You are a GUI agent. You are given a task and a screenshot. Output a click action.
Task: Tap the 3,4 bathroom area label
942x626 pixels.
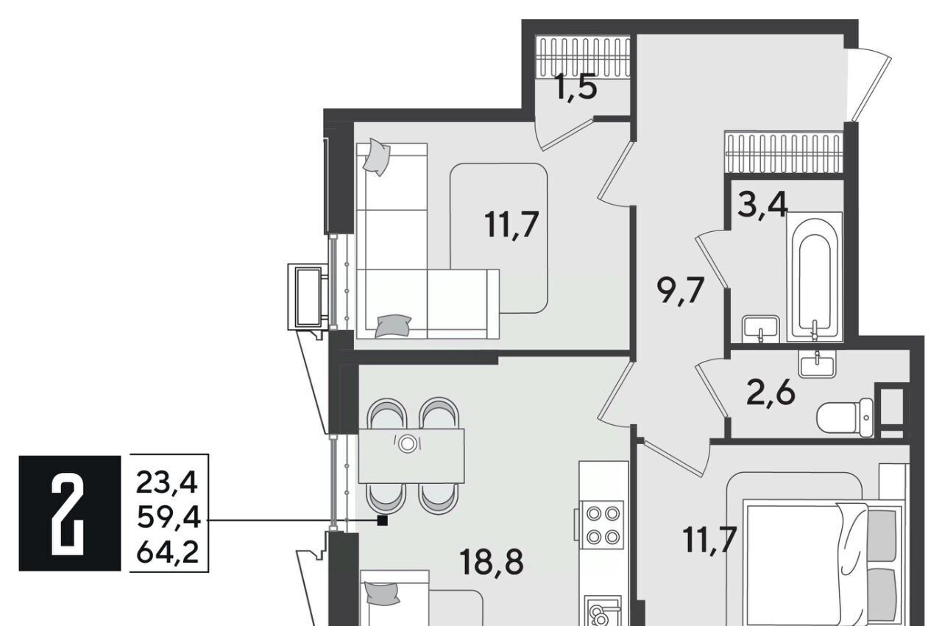pyautogui.click(x=762, y=205)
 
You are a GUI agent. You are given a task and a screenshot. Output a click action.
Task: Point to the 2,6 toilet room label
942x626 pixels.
pyautogui.click(x=771, y=393)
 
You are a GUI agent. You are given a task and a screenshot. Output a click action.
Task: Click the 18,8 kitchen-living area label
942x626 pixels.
pyautogui.click(x=492, y=562)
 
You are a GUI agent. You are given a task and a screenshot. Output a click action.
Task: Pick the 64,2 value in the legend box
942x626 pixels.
pyautogui.click(x=167, y=552)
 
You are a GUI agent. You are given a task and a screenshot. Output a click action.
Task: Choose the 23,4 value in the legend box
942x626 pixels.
pyautogui.click(x=166, y=483)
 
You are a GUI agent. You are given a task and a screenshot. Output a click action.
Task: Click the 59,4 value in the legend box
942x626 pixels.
pyautogui.click(x=169, y=518)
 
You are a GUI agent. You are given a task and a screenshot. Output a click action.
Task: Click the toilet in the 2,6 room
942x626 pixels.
pyautogui.click(x=846, y=418)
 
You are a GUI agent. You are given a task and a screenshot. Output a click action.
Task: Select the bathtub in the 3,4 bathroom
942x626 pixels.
pyautogui.click(x=815, y=277)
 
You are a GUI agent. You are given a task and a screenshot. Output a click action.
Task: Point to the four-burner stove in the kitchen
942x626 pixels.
pyautogui.click(x=601, y=525)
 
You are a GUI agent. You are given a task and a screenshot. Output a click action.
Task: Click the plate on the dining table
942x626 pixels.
pyautogui.click(x=407, y=444)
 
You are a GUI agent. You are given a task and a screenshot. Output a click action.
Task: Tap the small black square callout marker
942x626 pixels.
pyautogui.click(x=382, y=521)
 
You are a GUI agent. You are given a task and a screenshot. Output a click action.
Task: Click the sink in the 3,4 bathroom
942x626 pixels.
pyautogui.click(x=761, y=330)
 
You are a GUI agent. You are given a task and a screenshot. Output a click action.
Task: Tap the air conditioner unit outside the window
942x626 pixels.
pyautogui.click(x=308, y=297)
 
